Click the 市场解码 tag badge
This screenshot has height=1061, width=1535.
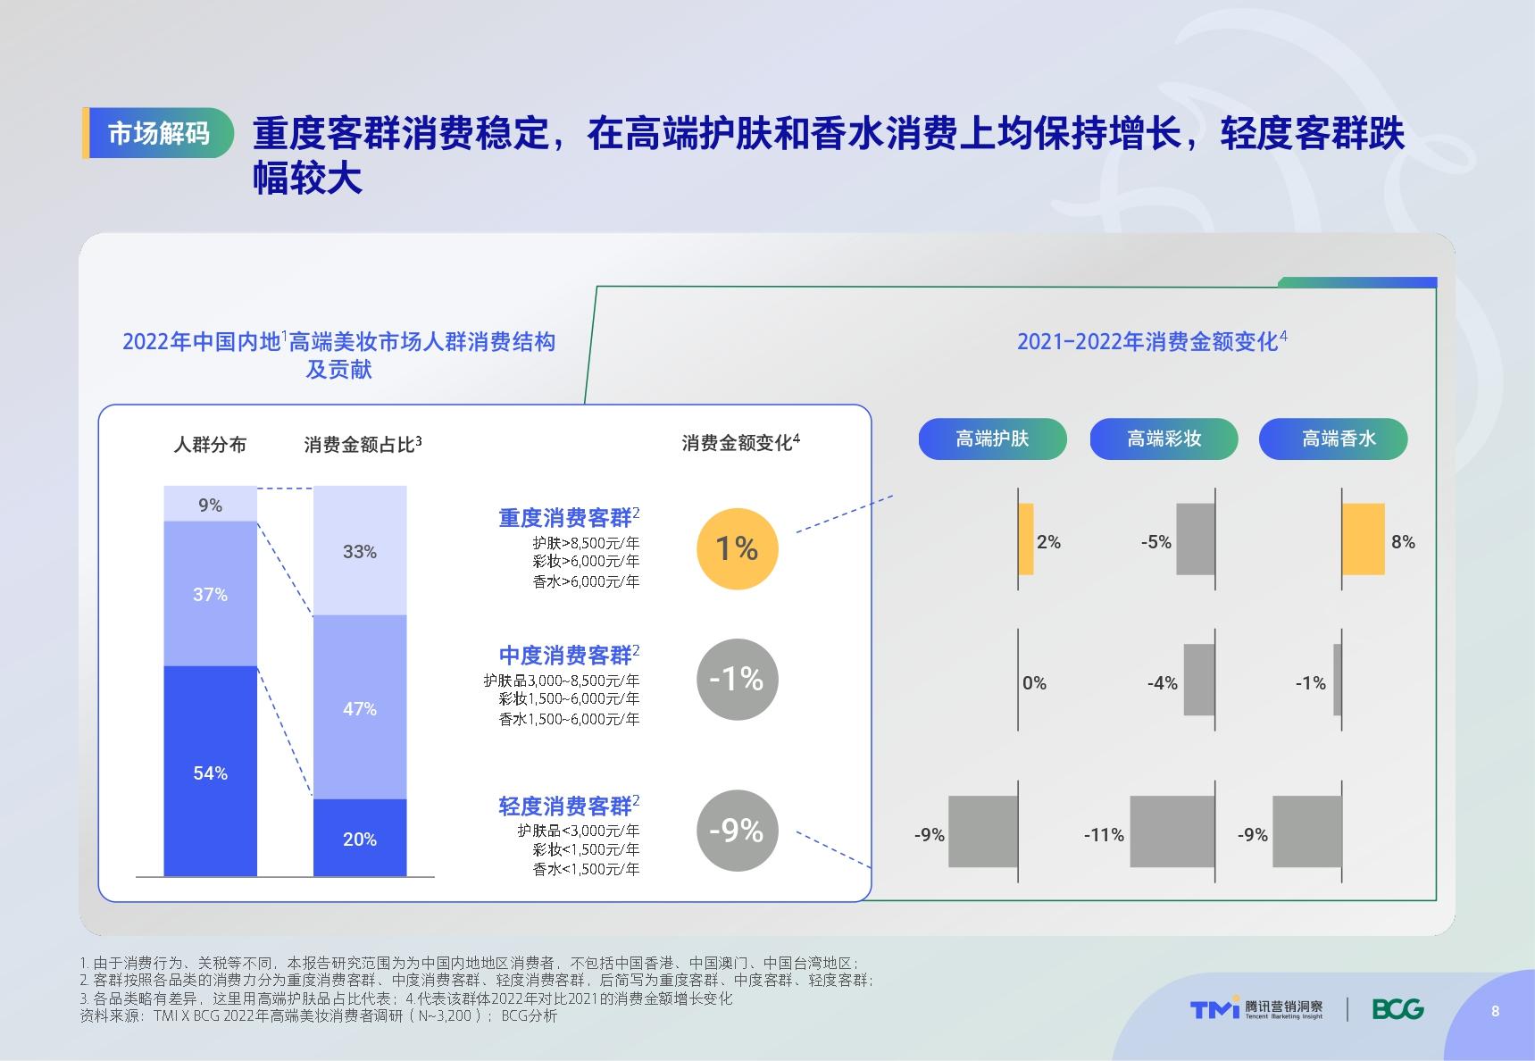158,133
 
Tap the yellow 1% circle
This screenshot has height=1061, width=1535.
737,548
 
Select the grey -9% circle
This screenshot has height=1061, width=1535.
737,831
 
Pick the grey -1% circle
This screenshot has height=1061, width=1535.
737,680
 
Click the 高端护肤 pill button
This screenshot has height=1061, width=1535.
992,439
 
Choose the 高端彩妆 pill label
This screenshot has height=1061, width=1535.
1164,439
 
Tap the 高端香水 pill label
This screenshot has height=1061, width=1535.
1333,439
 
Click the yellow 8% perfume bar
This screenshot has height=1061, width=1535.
1364,539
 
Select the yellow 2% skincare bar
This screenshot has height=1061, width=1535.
1026,539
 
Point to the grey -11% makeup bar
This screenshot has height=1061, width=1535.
1172,831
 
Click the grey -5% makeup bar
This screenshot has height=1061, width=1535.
1196,539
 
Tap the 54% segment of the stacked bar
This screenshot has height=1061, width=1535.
210,772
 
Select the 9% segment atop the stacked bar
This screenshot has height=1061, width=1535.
210,504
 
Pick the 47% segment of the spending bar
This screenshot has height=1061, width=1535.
360,707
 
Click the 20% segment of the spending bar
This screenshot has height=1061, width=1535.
360,838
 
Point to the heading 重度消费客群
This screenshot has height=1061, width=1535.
565,518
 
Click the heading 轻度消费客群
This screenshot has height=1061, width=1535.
565,806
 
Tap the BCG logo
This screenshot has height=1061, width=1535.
1398,1009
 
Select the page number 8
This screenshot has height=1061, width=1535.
1496,1011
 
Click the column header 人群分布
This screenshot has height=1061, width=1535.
210,445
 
